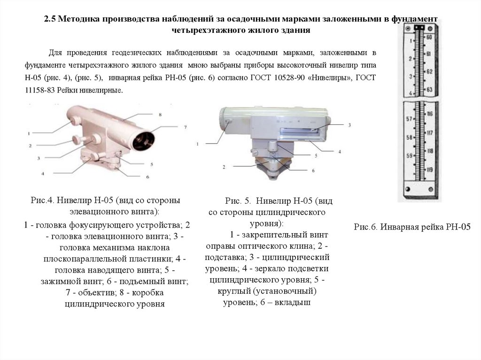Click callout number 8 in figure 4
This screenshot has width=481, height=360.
coord(160,114)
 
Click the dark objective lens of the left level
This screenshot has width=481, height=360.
coord(143,139)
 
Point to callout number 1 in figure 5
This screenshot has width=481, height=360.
coord(198,143)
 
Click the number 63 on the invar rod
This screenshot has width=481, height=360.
coord(429,89)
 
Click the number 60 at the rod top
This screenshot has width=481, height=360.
coord(429,37)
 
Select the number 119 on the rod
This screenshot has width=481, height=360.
coord(429,169)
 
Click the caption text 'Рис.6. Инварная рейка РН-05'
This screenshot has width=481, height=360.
coord(412,227)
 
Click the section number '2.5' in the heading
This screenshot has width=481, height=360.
coord(50,19)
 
